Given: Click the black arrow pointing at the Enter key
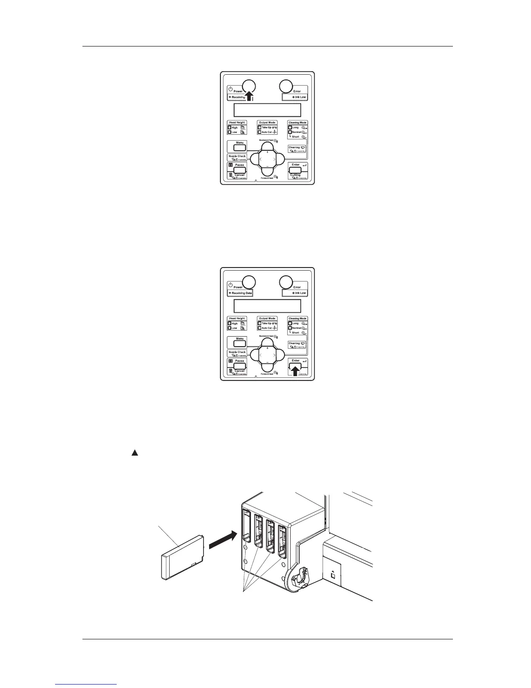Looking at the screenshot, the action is click(295, 370).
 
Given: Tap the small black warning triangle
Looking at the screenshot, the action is click(134, 453).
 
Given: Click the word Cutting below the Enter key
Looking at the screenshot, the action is click(295, 175).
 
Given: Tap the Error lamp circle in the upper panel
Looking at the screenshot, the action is click(285, 86).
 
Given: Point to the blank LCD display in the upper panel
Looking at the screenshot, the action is click(267, 110).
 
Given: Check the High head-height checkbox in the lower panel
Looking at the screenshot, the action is click(229, 324).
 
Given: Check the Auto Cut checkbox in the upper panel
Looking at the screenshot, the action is click(259, 132).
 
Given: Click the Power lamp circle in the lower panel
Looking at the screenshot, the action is click(249, 282).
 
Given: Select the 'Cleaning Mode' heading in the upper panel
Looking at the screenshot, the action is click(298, 122).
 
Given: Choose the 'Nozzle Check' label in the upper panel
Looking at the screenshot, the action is click(237, 156).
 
